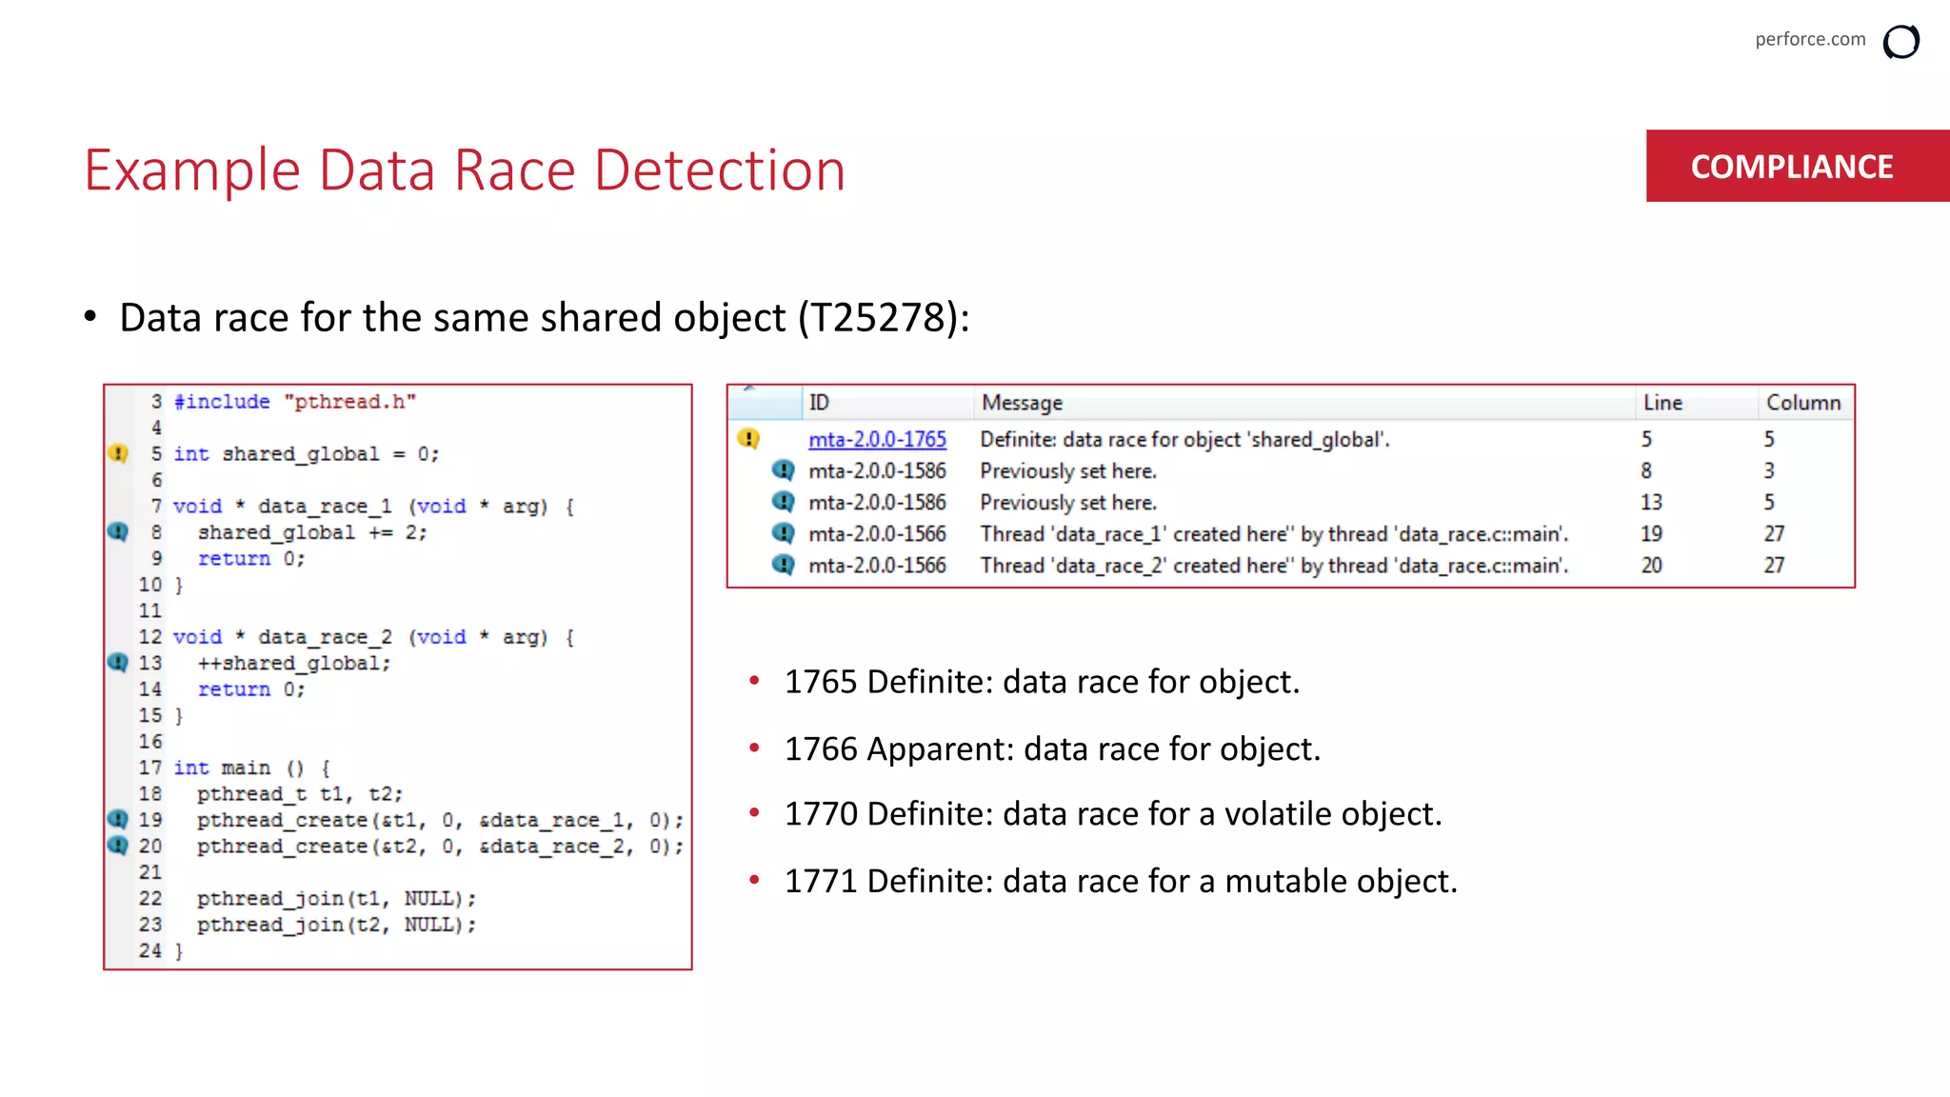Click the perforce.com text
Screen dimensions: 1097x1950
pos(1810,39)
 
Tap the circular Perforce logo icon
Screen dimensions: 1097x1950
pos(1900,42)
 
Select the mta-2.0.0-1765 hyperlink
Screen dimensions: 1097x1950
pos(877,439)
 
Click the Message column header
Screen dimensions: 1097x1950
pos(1022,403)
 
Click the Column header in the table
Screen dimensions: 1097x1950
pos(1802,403)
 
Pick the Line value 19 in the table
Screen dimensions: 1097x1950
pos(1651,534)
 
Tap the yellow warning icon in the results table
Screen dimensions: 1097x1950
pos(748,439)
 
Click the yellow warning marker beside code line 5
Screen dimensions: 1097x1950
pos(118,453)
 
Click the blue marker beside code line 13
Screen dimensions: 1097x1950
pos(118,663)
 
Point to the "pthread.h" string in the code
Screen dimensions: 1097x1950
pos(349,402)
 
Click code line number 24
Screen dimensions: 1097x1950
pos(150,950)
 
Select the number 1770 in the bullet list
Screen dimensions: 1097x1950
pos(820,814)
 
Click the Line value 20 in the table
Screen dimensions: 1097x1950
pos(1651,566)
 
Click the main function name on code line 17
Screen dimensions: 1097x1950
pos(247,768)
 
